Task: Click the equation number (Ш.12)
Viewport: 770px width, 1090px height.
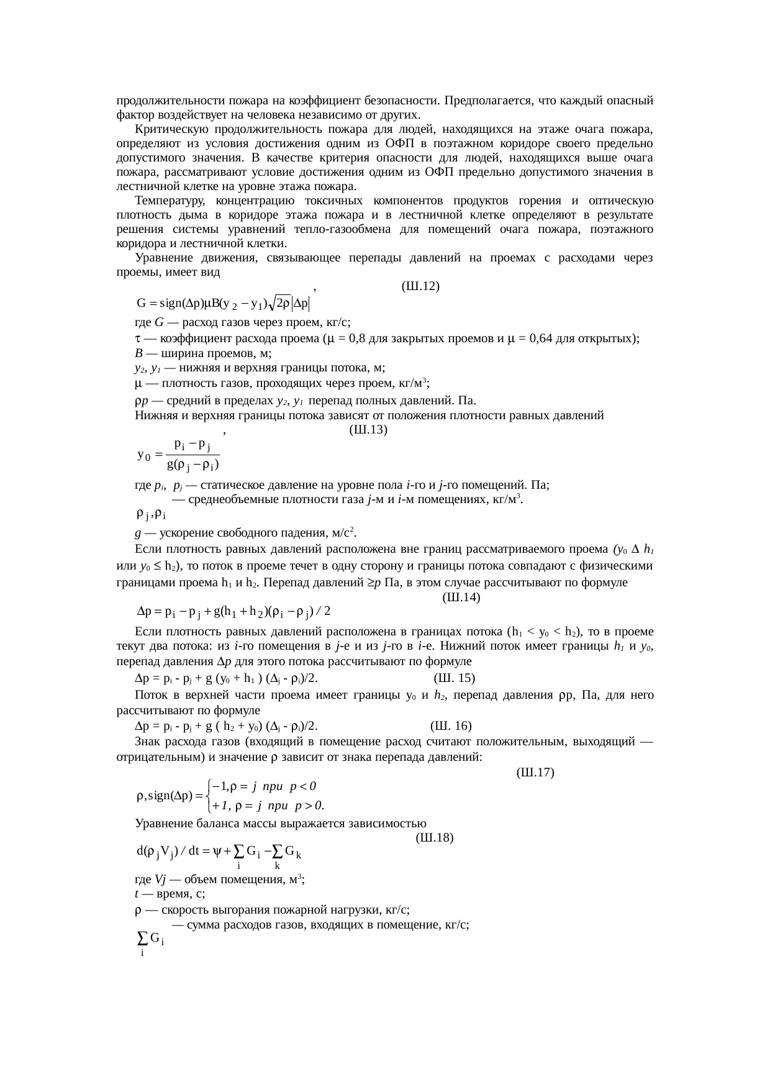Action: click(x=421, y=286)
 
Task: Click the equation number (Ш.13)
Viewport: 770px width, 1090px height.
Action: click(x=369, y=429)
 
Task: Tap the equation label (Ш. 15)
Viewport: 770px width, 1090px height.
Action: click(x=455, y=678)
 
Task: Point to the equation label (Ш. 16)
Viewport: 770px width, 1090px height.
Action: click(x=451, y=726)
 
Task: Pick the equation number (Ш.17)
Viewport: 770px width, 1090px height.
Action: click(x=535, y=773)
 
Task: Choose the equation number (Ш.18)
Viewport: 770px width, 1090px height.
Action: click(x=435, y=837)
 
